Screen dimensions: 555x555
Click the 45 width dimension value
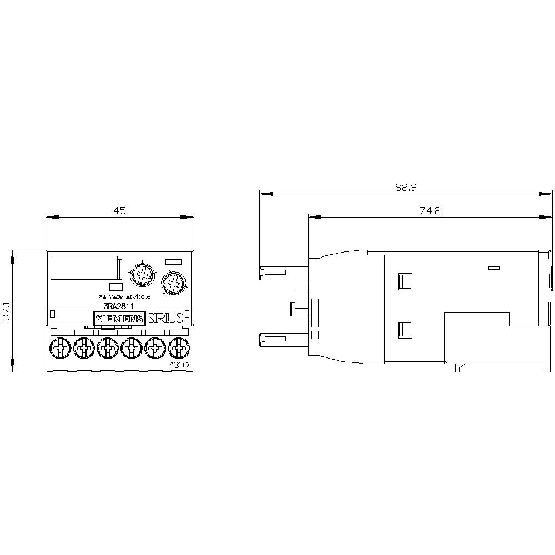click(120, 210)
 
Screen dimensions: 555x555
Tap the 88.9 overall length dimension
click(406, 188)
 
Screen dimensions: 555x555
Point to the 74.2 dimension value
click(430, 211)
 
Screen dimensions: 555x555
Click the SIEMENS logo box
click(119, 319)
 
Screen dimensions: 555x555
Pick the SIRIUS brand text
click(164, 319)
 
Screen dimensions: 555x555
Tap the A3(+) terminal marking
click(179, 365)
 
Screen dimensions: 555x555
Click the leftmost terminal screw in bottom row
click(59, 349)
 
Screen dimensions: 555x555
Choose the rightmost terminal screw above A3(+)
click(178, 349)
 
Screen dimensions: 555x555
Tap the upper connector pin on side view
click(273, 272)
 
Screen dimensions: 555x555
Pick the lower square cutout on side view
click(405, 331)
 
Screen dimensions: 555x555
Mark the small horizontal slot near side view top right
click(493, 269)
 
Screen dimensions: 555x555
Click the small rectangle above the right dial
click(174, 261)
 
